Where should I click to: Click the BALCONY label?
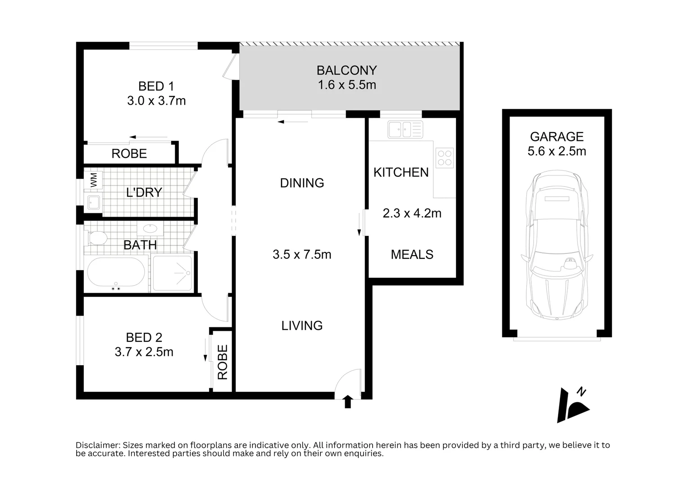(347, 70)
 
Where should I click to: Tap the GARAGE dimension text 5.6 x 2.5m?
(557, 151)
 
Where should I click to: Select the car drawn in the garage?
(557, 245)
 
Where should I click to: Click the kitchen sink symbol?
(405, 129)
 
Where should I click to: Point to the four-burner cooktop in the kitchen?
(444, 158)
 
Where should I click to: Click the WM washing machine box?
(93, 180)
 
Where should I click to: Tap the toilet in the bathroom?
(96, 238)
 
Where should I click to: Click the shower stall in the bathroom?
(172, 273)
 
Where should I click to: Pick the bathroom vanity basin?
(150, 229)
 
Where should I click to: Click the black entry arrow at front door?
(347, 402)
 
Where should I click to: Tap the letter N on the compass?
(581, 392)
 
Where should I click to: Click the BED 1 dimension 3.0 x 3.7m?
(156, 101)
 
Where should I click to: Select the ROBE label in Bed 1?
(129, 154)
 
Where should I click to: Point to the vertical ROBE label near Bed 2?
(223, 362)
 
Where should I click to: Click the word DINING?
(302, 183)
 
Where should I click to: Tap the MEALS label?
(412, 255)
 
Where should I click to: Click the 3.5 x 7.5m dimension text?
(302, 255)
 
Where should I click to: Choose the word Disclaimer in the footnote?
(98, 445)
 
